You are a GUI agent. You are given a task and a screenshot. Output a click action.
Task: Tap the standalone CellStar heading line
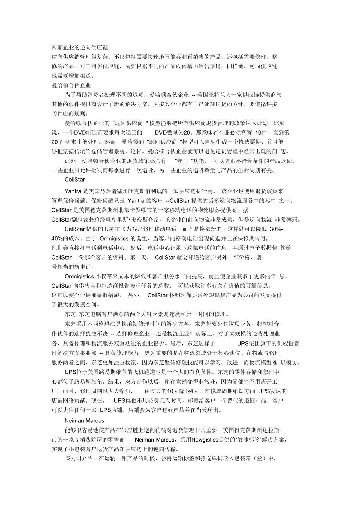[x=74, y=180]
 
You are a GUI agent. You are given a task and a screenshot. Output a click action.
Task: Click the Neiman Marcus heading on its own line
[x=84, y=421]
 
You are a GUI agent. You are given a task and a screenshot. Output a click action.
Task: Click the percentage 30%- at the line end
[x=277, y=229]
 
